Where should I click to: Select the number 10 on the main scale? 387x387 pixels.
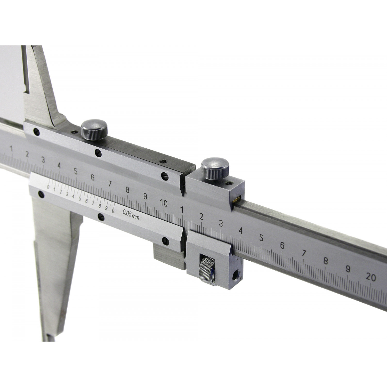point(164,203)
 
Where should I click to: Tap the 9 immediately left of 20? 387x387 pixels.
point(348,269)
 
